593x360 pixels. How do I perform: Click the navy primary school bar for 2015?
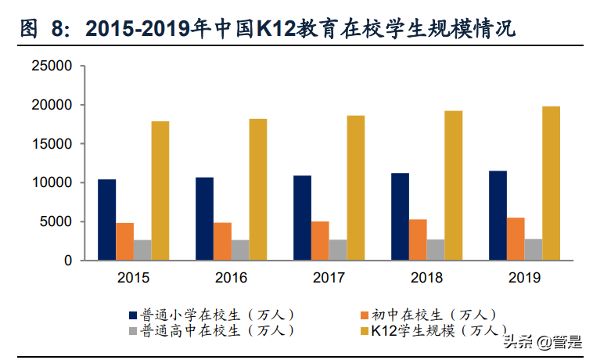tap(106, 220)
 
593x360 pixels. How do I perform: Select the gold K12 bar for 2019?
tap(552, 183)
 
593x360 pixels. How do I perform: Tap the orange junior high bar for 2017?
tap(319, 240)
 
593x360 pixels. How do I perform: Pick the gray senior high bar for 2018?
tap(435, 250)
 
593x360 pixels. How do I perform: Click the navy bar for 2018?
tap(400, 217)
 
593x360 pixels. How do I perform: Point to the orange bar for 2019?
tap(516, 239)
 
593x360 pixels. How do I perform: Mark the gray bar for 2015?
tap(142, 250)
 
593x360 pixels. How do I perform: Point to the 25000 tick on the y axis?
tap(51, 67)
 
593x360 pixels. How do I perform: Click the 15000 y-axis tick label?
tap(51, 144)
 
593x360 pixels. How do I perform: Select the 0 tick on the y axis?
tap(68, 261)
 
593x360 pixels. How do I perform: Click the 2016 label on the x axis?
tap(231, 278)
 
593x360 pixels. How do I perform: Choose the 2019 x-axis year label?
tap(524, 278)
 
